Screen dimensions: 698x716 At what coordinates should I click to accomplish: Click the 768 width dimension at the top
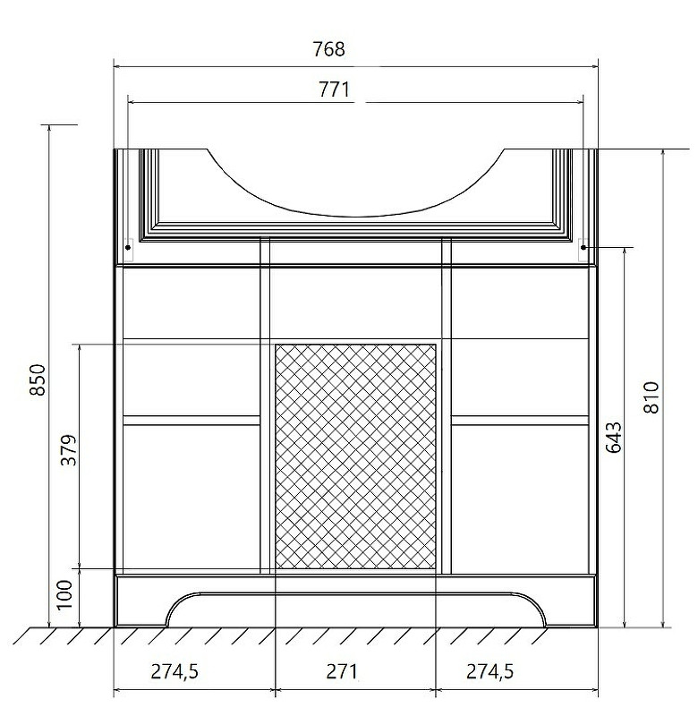pos(328,49)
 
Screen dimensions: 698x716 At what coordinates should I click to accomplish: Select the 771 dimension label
pos(334,89)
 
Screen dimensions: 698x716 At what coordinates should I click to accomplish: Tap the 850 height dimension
pos(38,379)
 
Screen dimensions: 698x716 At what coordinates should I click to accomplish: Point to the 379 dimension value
pos(69,450)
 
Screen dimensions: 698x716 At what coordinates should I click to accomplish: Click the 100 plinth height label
pos(64,594)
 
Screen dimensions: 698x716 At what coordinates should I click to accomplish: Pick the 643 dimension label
pos(614,437)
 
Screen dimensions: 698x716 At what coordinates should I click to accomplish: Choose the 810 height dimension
pos(651,397)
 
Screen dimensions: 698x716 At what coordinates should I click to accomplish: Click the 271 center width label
pos(343,671)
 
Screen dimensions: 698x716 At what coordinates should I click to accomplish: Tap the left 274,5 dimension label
pos(174,672)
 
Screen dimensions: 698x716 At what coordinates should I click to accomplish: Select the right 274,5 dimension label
pos(489,672)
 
